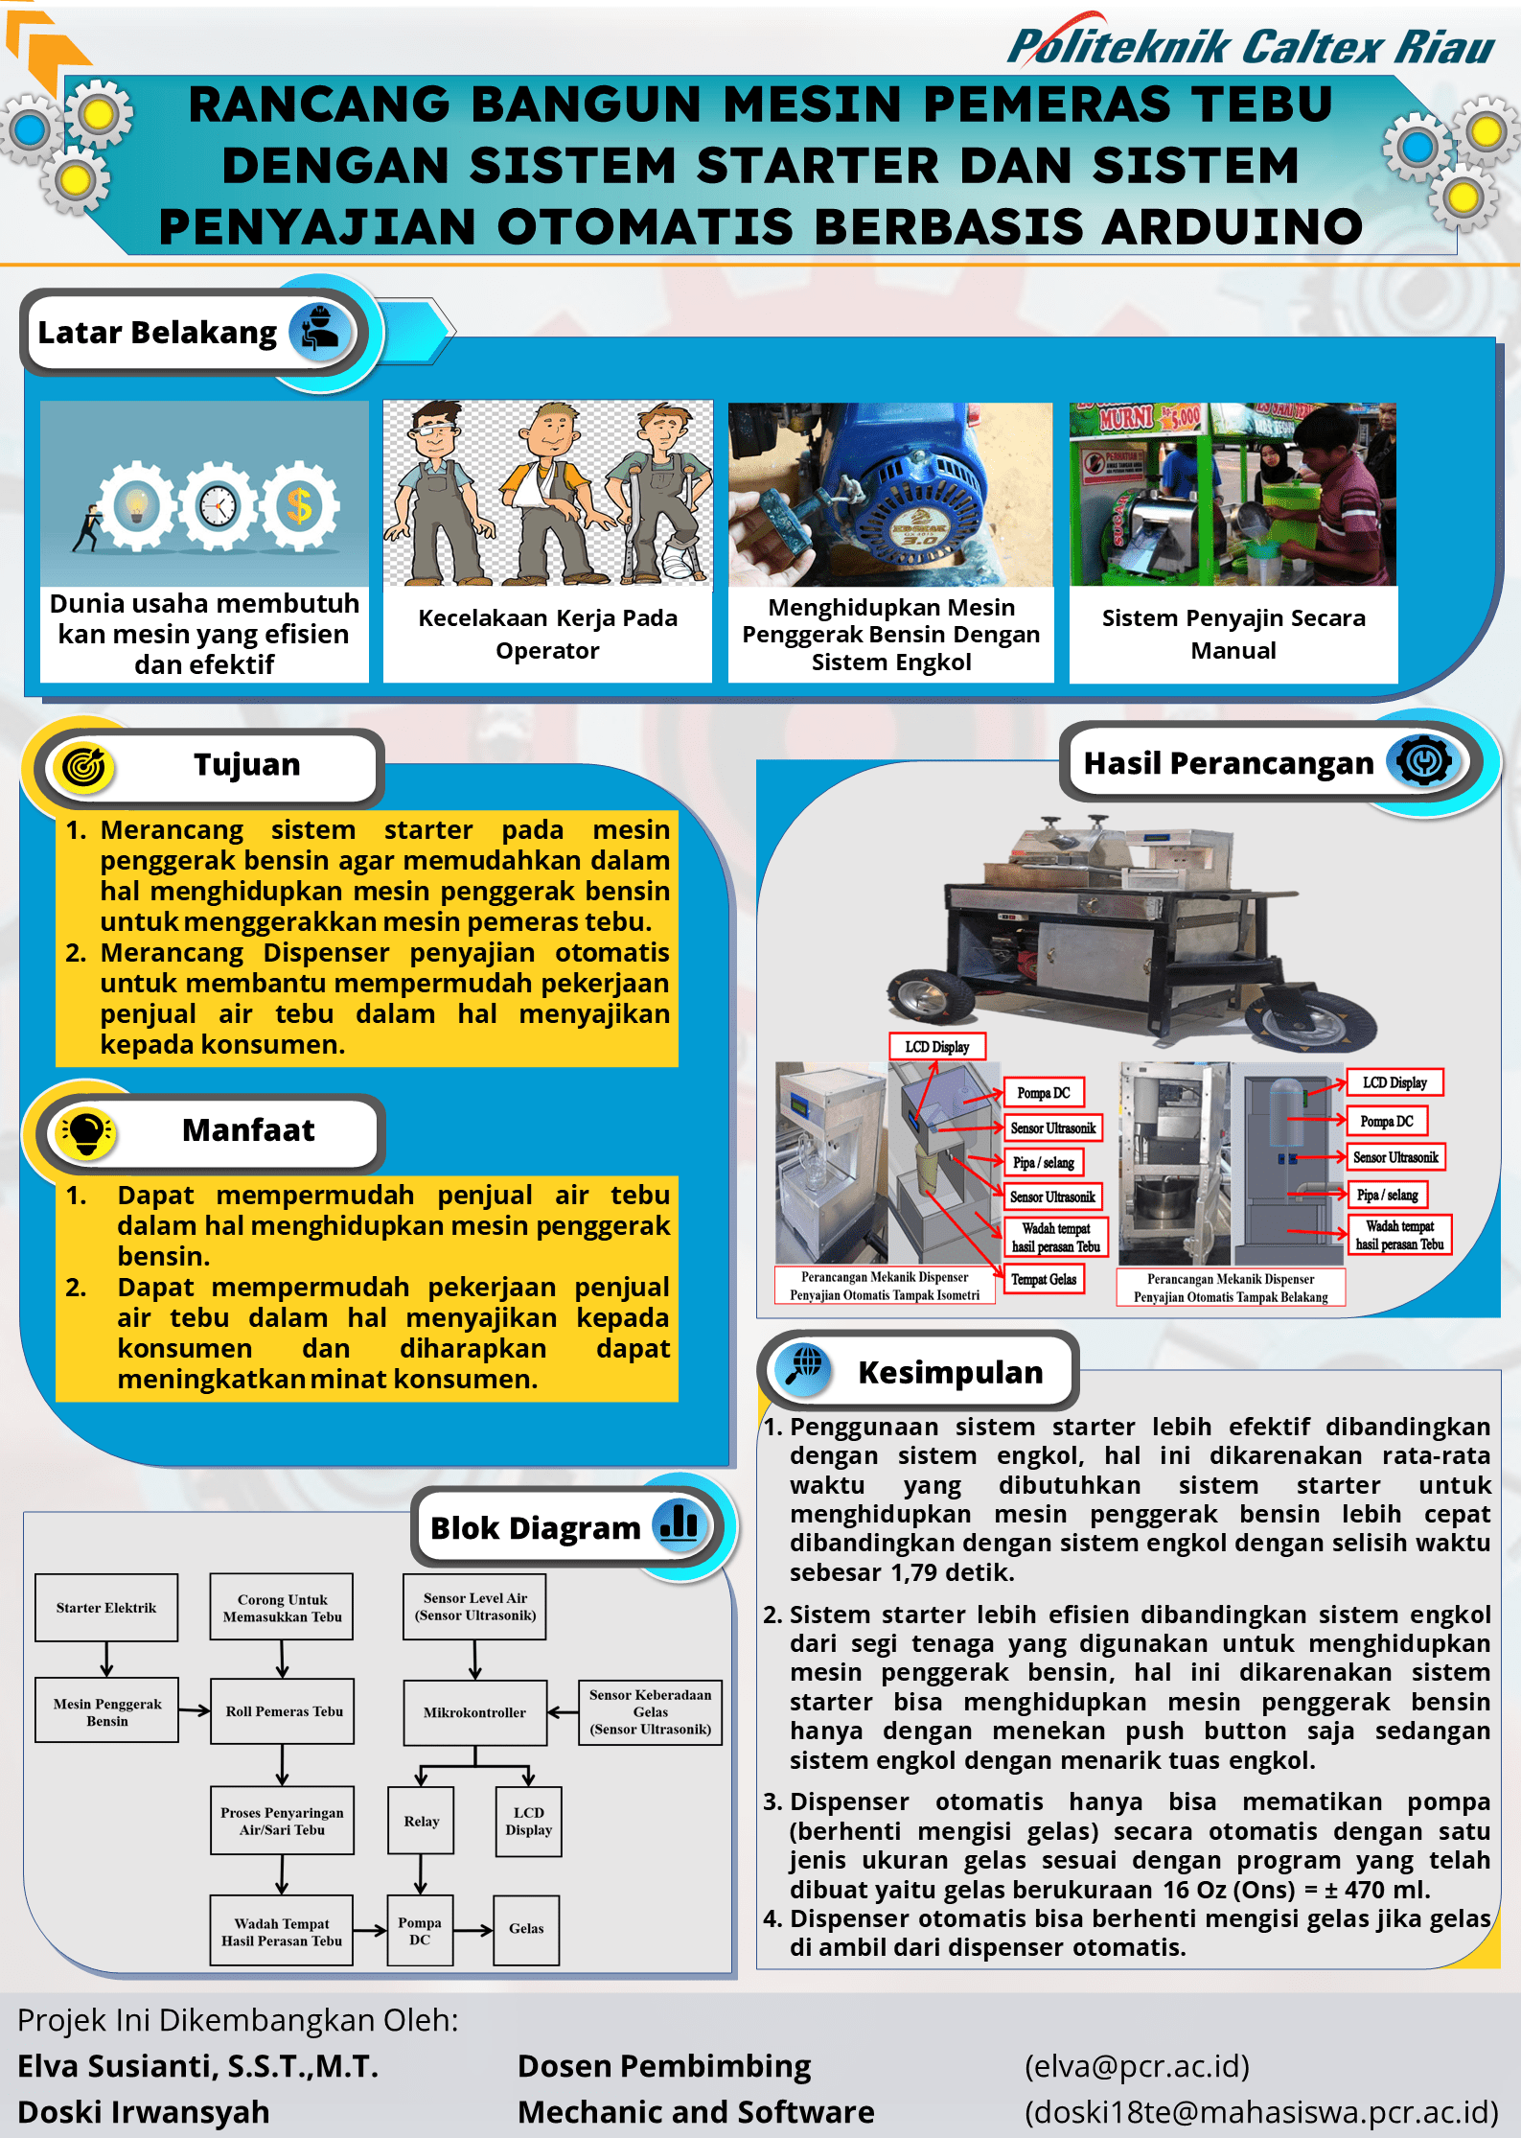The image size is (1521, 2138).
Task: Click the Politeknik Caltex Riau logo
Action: coord(1250,45)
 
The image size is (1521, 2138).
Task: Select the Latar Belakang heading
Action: coord(157,333)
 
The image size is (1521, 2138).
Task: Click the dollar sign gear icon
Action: coord(300,505)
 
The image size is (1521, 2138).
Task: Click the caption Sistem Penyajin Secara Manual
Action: coord(1233,634)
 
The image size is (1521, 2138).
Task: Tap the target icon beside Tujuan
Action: coord(83,767)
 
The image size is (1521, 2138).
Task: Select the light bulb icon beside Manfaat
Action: coord(86,1132)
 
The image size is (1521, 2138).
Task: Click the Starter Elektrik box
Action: coord(106,1608)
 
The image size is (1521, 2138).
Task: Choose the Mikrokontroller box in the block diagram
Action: coord(474,1712)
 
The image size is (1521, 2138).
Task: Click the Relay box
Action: coord(421,1821)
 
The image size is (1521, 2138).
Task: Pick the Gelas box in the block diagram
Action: coord(526,1929)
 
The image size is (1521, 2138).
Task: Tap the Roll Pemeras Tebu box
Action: coord(284,1711)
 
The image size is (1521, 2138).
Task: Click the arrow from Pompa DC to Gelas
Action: coord(473,1929)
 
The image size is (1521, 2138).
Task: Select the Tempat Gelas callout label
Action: coord(1044,1279)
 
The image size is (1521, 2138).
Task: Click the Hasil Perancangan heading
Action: coord(1229,763)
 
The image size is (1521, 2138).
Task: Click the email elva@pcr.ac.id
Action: coord(1137,2066)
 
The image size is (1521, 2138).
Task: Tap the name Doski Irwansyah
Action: coord(144,2112)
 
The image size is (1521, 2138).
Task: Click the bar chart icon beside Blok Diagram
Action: coord(680,1522)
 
